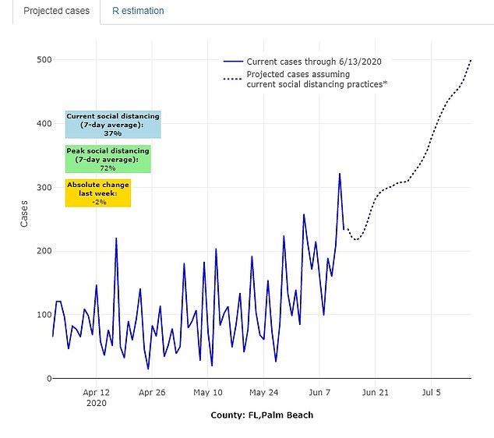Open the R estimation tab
pyautogui.click(x=137, y=12)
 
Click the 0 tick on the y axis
pyautogui.click(x=48, y=379)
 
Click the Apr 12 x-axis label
pyautogui.click(x=96, y=392)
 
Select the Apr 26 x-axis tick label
pyautogui.click(x=152, y=392)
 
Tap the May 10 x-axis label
pyautogui.click(x=208, y=392)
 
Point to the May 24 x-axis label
pyautogui.click(x=264, y=392)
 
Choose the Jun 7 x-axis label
pyautogui.click(x=320, y=392)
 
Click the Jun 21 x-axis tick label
pyautogui.click(x=375, y=392)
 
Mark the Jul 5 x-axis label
pyautogui.click(x=431, y=392)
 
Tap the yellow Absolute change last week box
pyautogui.click(x=97, y=193)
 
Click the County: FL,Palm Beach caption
pyautogui.click(x=262, y=415)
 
